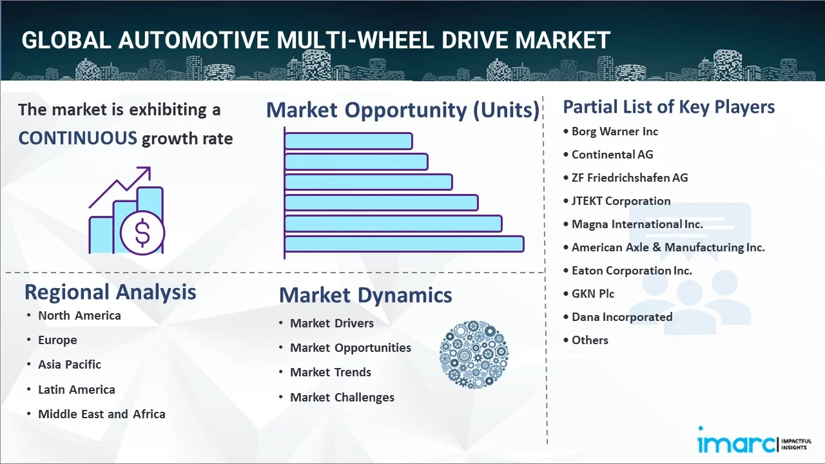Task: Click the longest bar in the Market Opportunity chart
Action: point(404,244)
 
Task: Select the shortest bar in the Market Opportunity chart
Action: point(348,140)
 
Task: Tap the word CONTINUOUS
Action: point(77,138)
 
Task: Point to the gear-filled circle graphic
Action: point(474,354)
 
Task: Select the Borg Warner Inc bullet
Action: point(614,131)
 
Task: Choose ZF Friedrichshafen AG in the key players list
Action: point(629,178)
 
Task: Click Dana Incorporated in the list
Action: point(621,317)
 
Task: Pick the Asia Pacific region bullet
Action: point(69,365)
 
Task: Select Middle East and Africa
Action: point(101,414)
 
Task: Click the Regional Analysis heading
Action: point(110,292)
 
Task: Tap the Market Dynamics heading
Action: point(365,295)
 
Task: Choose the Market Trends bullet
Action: point(330,372)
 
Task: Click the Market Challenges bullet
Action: point(342,398)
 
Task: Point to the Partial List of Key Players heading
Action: point(668,107)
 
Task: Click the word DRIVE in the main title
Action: point(472,41)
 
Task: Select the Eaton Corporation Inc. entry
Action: point(631,271)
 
